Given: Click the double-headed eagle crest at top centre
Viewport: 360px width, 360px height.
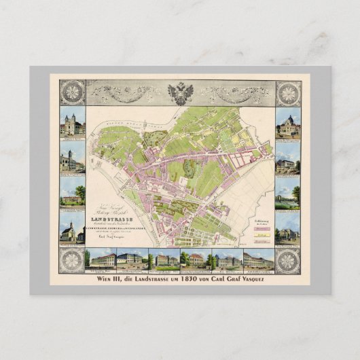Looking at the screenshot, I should coord(181,92).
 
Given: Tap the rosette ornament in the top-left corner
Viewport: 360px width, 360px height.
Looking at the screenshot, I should coord(71,93).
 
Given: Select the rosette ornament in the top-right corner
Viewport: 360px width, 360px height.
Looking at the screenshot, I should coord(289,93).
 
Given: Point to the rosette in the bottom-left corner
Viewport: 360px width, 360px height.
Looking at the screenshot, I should coord(71,259).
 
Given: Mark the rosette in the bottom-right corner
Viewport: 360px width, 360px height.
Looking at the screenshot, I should coord(289,259).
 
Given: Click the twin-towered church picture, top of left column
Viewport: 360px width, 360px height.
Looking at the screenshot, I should coord(72,124).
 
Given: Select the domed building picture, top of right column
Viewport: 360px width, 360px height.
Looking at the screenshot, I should coord(289,124).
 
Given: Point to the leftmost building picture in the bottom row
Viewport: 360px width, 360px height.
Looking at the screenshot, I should coord(99,259).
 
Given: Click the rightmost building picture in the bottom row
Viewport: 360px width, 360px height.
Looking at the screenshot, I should coord(259,259).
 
